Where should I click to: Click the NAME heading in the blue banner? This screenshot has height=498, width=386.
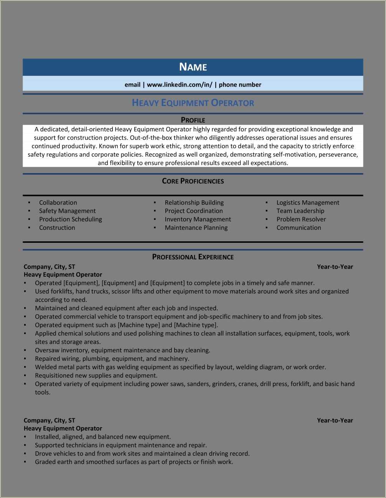pyautogui.click(x=193, y=67)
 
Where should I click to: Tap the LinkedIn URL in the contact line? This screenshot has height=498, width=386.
pyautogui.click(x=179, y=85)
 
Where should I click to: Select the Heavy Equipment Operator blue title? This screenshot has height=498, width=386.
pyautogui.click(x=193, y=103)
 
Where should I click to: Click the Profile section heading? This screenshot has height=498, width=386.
pyautogui.click(x=193, y=120)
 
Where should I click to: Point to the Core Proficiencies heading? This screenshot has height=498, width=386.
pyautogui.click(x=193, y=181)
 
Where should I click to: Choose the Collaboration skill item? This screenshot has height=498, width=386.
pyautogui.click(x=58, y=203)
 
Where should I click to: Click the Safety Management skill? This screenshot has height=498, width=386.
pyautogui.click(x=67, y=211)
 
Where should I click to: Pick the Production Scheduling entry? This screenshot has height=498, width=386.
pyautogui.click(x=71, y=220)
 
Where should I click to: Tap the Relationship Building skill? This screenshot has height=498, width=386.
pyautogui.click(x=194, y=203)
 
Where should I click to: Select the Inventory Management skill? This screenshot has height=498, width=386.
pyautogui.click(x=198, y=220)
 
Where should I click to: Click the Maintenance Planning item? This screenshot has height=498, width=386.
pyautogui.click(x=196, y=228)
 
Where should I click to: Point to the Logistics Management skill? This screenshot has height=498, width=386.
pyautogui.click(x=308, y=203)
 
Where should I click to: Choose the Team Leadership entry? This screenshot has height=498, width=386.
pyautogui.click(x=300, y=211)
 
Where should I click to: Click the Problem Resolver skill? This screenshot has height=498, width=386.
pyautogui.click(x=301, y=220)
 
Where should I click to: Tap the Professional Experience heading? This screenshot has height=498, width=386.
pyautogui.click(x=193, y=257)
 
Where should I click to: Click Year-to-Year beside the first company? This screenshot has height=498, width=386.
pyautogui.click(x=335, y=267)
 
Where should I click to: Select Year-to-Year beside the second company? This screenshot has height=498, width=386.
pyautogui.click(x=335, y=421)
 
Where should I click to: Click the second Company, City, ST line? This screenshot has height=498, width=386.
pyautogui.click(x=49, y=421)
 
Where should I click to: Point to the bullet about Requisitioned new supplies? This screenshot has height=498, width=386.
pyautogui.click(x=96, y=376)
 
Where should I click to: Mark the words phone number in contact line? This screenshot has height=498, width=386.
pyautogui.click(x=240, y=85)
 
